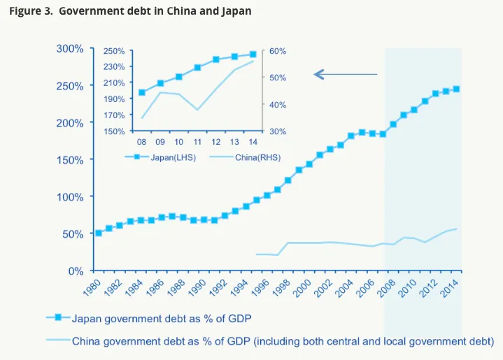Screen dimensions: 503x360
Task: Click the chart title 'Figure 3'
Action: click(x=31, y=11)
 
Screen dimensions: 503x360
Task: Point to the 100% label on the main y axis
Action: click(x=70, y=197)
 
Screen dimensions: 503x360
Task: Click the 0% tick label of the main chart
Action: click(x=76, y=271)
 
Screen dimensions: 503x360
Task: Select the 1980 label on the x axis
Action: click(x=92, y=287)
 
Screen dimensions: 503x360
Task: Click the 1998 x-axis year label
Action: click(x=281, y=287)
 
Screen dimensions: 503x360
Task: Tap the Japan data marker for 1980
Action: click(x=99, y=233)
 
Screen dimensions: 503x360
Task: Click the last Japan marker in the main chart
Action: click(x=457, y=89)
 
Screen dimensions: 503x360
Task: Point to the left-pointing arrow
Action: click(x=346, y=75)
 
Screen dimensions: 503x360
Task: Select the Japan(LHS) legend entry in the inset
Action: click(x=160, y=157)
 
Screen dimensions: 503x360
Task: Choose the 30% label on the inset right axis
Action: click(x=278, y=131)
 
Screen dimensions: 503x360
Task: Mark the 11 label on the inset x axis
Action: click(x=197, y=142)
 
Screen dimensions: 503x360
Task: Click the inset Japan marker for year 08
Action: click(x=142, y=93)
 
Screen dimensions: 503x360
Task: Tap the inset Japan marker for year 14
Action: click(x=253, y=55)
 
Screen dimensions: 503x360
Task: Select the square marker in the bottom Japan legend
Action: click(x=58, y=317)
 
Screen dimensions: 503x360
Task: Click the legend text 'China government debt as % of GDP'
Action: click(x=161, y=341)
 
